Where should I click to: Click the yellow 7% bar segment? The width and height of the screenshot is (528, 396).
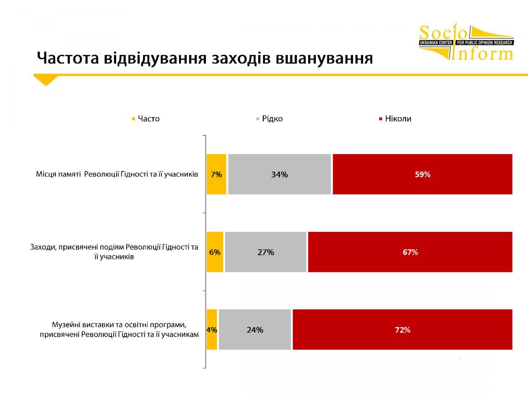(216, 174)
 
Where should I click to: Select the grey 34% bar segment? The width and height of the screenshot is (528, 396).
(279, 174)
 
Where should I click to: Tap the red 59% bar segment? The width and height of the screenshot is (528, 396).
(423, 174)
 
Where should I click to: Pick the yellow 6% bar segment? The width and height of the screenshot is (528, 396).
(215, 252)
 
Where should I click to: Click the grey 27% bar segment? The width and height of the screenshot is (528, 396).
(266, 252)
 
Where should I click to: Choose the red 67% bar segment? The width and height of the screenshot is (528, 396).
(410, 252)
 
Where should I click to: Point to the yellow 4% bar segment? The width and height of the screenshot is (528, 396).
(212, 330)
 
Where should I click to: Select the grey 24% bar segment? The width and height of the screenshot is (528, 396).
(255, 330)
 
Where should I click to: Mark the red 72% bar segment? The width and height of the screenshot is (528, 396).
(403, 330)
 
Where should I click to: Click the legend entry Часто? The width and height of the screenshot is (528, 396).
(146, 119)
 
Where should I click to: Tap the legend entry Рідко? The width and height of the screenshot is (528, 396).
(269, 119)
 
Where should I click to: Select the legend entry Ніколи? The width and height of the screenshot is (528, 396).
(395, 119)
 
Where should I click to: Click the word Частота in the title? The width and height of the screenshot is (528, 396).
(68, 58)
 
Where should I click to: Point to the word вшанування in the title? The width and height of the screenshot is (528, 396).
(324, 59)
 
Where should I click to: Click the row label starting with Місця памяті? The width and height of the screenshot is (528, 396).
(117, 174)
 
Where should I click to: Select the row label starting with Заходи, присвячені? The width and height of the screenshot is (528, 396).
(114, 252)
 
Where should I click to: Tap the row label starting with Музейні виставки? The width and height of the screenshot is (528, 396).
(119, 330)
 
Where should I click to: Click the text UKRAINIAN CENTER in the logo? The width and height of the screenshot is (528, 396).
(436, 43)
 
